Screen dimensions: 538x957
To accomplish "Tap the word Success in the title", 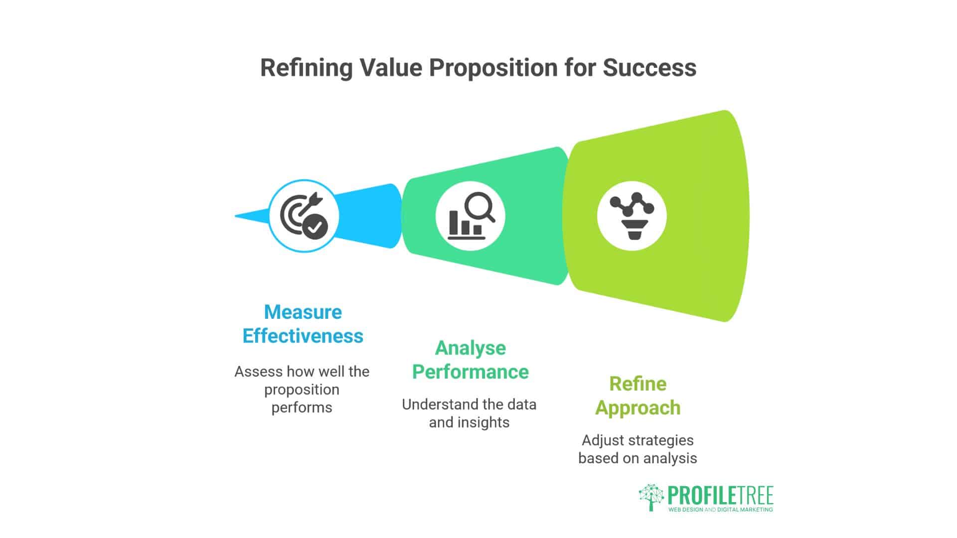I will pyautogui.click(x=649, y=68).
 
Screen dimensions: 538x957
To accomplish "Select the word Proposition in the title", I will pyautogui.click(x=493, y=68).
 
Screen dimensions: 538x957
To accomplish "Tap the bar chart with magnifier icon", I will pyautogui.click(x=470, y=216).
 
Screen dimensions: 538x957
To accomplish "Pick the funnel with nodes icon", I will pyautogui.click(x=632, y=216).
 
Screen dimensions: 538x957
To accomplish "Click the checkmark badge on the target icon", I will pyautogui.click(x=315, y=228).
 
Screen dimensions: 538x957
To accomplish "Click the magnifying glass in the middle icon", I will pyautogui.click(x=479, y=206).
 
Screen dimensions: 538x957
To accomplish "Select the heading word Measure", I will pyautogui.click(x=303, y=312).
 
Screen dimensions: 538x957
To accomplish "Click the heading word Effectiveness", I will pyautogui.click(x=303, y=336).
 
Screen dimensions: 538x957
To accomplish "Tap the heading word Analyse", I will pyautogui.click(x=470, y=348).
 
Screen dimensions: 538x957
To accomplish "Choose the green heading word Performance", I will pyautogui.click(x=470, y=372).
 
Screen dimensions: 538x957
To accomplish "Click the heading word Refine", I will pyautogui.click(x=638, y=384).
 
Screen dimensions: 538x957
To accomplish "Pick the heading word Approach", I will pyautogui.click(x=638, y=408).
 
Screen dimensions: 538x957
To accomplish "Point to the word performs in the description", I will pyautogui.click(x=302, y=407).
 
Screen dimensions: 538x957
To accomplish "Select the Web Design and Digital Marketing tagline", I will pyautogui.click(x=720, y=510).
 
